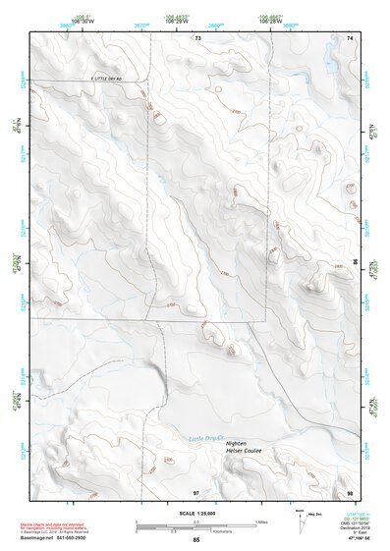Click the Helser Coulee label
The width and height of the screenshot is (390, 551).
coord(247,453)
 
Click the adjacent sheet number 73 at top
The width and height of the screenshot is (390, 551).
coord(196,38)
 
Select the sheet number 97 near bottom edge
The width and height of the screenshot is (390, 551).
coord(195,491)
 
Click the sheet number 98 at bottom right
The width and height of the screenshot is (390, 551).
coord(349,491)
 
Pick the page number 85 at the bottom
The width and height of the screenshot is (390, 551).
coord(196,540)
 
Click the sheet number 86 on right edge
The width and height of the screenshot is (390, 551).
coord(355,262)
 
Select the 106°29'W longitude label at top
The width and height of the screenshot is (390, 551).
coord(178,21)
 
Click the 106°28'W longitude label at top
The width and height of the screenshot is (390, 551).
coord(272,21)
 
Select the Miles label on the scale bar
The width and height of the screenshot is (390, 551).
coord(260,521)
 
